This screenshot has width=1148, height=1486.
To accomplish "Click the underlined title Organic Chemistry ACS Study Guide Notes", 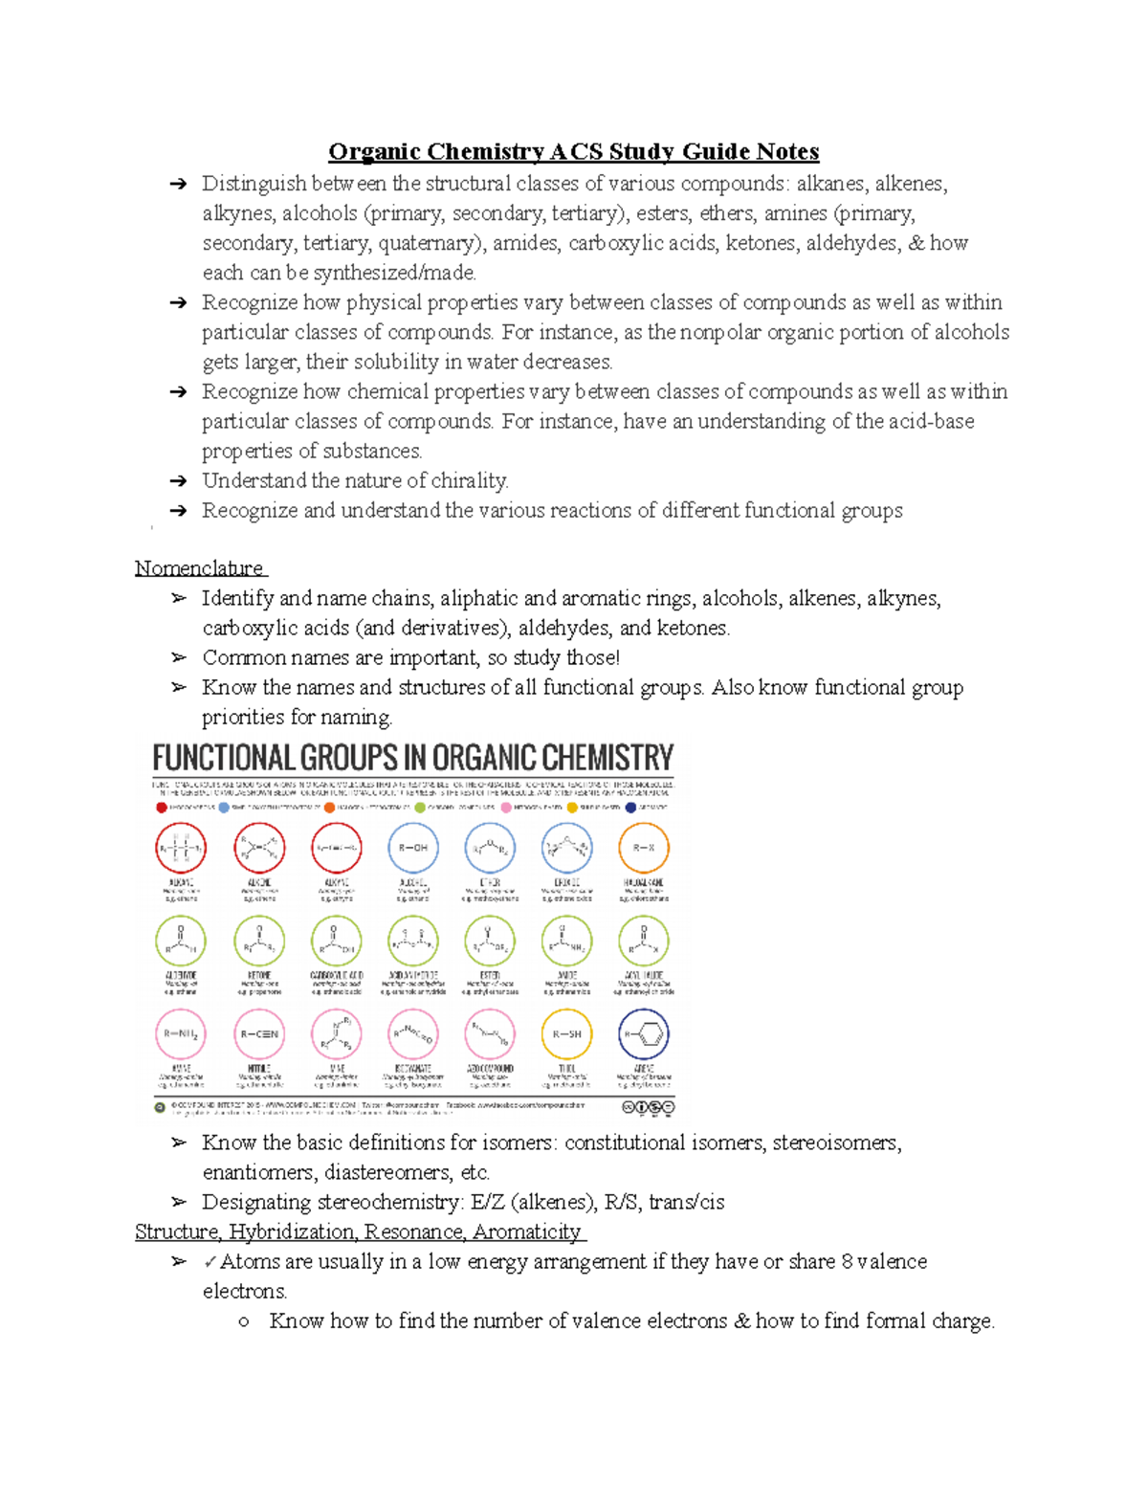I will click(573, 151).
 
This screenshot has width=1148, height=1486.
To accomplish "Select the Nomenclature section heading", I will click(199, 568).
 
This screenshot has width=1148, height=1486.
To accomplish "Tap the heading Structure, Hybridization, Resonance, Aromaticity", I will click(358, 1231).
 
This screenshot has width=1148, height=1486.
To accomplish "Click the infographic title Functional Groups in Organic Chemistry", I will click(412, 759).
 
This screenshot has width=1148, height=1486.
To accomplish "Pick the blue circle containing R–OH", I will click(413, 848).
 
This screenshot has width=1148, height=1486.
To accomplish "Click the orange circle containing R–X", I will click(644, 848).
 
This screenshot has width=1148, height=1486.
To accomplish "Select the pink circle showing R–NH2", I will click(181, 1034).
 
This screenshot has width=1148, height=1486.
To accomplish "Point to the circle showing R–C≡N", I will click(259, 1034).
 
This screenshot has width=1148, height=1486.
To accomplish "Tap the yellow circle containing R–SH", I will click(567, 1034).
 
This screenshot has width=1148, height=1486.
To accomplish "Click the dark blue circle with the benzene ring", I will click(644, 1034).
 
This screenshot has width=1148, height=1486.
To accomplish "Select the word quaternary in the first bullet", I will click(430, 243).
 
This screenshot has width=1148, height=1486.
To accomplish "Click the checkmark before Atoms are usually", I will click(210, 1262).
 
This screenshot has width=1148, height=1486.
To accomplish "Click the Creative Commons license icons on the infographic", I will click(649, 1107).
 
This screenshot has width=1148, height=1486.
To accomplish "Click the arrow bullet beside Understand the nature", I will click(178, 481).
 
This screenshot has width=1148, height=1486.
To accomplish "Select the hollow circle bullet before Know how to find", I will click(245, 1321).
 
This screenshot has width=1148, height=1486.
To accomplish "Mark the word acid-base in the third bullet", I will click(931, 421).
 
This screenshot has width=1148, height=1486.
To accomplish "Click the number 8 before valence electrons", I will click(847, 1261).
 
